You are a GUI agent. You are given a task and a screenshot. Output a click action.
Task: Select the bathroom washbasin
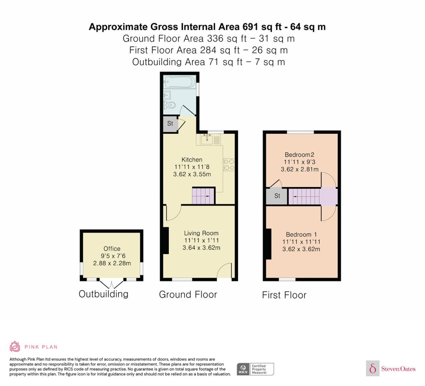(167, 95)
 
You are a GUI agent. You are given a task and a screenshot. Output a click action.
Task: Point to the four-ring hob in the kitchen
(229, 165)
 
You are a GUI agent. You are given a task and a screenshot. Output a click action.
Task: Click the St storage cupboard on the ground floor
(170, 124)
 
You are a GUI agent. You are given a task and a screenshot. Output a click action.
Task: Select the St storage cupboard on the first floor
(277, 196)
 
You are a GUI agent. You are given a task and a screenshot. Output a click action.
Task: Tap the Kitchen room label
(192, 160)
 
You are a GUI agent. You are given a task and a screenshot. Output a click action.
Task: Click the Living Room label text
(201, 233)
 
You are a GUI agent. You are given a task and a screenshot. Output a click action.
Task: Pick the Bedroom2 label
(299, 155)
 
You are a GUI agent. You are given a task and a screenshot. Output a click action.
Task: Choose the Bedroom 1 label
(301, 234)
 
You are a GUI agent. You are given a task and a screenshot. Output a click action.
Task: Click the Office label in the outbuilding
(112, 249)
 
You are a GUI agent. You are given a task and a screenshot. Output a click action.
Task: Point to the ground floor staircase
(203, 196)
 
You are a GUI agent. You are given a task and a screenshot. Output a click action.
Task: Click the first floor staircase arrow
(297, 197)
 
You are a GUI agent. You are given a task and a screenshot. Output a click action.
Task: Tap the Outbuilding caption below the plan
(104, 294)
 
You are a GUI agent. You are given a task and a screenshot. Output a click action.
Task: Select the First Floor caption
(284, 295)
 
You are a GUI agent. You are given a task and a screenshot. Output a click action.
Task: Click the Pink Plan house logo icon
(15, 347)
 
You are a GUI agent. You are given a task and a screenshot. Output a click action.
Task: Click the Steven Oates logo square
(373, 368)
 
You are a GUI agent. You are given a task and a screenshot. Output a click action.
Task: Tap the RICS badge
(255, 369)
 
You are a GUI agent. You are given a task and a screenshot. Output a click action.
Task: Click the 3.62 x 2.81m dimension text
(300, 169)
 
